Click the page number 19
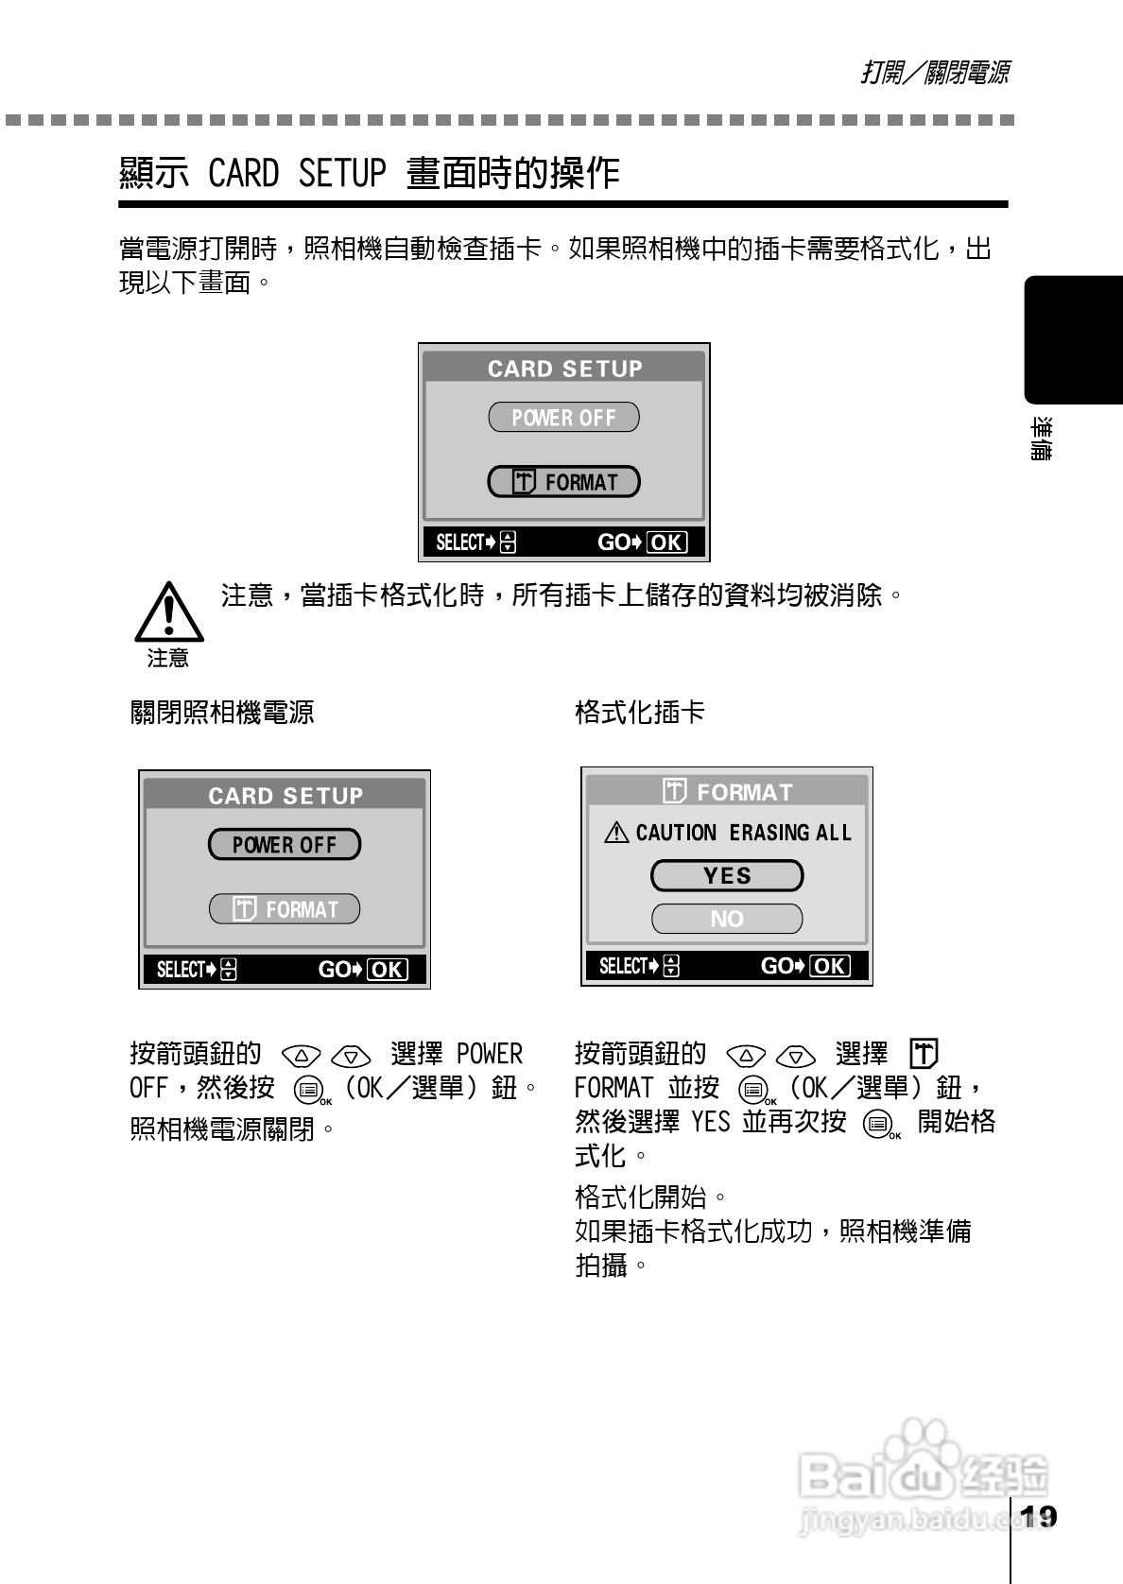[1039, 1516]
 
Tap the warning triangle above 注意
[168, 612]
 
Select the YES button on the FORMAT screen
[726, 876]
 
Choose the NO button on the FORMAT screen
[726, 919]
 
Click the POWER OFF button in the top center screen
[563, 418]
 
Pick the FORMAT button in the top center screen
[563, 482]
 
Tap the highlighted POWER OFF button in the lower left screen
[284, 845]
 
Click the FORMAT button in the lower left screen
[284, 909]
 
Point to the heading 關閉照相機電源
[222, 712]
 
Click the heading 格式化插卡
[640, 712]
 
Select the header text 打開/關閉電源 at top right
[935, 73]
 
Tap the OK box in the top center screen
[666, 542]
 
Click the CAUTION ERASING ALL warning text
[728, 833]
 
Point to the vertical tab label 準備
[1041, 439]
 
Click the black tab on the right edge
[1073, 339]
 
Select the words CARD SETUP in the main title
[297, 174]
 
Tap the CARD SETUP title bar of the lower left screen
[285, 796]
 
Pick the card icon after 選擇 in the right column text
[924, 1053]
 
